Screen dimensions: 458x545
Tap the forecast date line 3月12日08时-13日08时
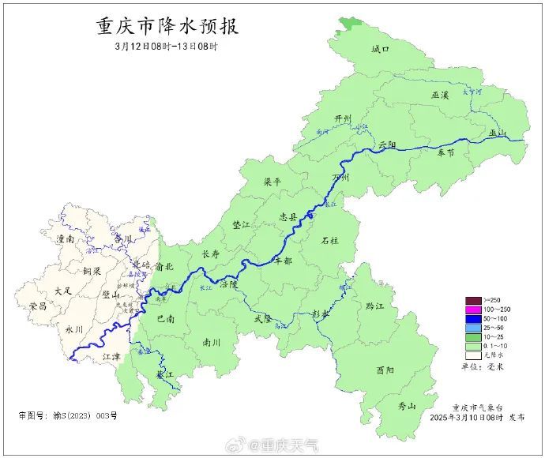point(166,47)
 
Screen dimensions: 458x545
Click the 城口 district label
point(381,49)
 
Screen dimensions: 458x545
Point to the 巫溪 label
point(440,95)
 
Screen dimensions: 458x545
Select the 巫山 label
point(497,133)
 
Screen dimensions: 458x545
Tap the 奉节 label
point(445,153)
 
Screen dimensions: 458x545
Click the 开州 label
point(343,118)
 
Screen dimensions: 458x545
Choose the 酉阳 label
point(385,370)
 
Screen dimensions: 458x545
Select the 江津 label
point(92,358)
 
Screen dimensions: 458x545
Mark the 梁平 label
point(272,182)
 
